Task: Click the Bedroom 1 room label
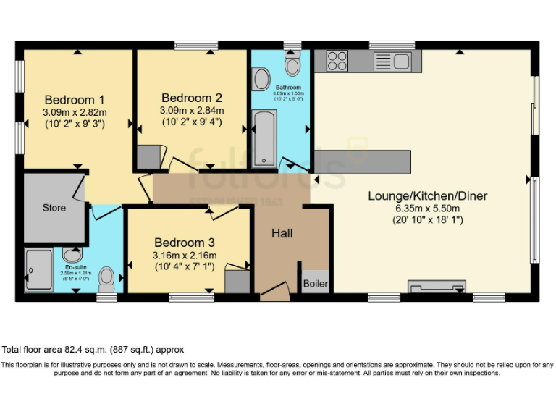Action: [75, 100]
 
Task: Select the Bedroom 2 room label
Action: [192, 98]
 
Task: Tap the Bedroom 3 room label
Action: [184, 243]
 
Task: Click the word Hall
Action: [282, 233]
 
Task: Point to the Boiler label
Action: [315, 282]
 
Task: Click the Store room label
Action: [54, 208]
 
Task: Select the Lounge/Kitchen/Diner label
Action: [427, 195]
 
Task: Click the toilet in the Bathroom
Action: [293, 66]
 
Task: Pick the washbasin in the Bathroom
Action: [261, 77]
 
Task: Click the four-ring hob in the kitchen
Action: [337, 60]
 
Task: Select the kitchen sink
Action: [392, 61]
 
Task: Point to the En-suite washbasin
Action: [72, 255]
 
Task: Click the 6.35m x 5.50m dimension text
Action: [427, 208]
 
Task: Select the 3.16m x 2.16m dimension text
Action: [184, 255]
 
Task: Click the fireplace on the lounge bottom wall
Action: [437, 287]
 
